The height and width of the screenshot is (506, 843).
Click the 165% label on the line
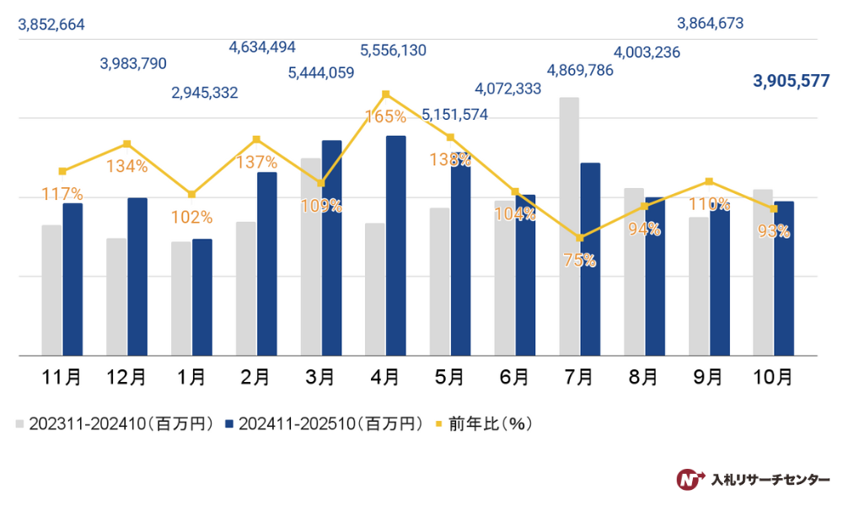click(386, 116)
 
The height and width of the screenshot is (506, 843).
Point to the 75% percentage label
click(579, 261)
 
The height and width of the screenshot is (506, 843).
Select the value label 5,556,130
click(393, 51)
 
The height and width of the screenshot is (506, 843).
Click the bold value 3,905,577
click(792, 81)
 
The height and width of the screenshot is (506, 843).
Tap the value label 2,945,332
click(204, 92)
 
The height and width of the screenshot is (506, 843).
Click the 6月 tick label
click(515, 378)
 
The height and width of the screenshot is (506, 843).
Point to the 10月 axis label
click(773, 378)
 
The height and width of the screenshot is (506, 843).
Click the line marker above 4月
click(385, 94)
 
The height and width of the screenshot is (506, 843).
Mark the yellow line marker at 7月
click(579, 238)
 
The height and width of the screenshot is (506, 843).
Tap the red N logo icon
click(690, 479)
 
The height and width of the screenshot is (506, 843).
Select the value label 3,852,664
click(51, 24)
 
